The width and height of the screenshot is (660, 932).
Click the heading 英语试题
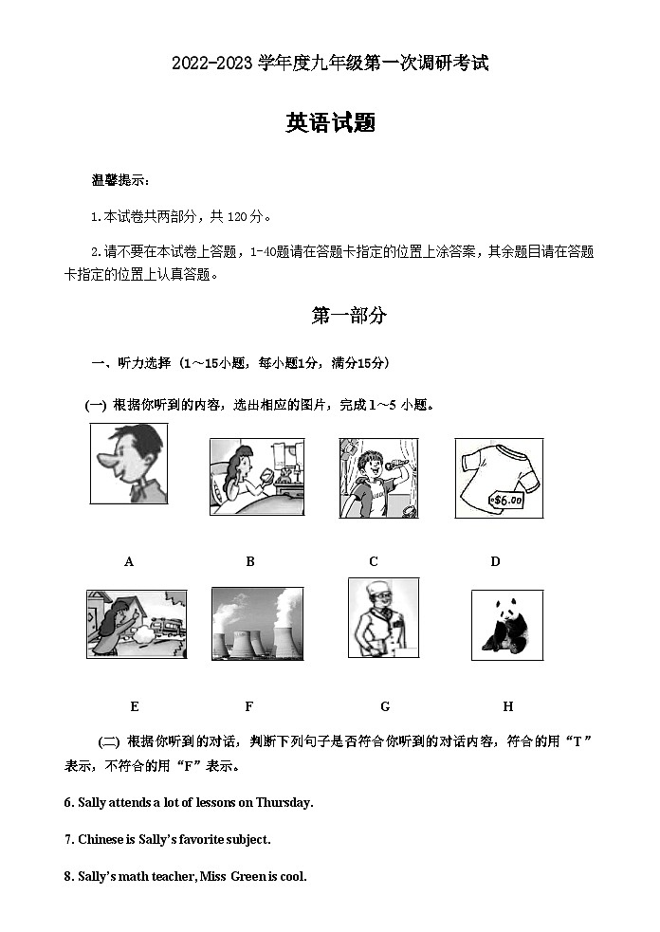coord(330,122)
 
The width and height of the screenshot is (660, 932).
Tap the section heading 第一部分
coord(348,317)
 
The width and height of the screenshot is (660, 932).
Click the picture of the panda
coord(506,626)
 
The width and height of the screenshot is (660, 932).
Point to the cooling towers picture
coord(257,623)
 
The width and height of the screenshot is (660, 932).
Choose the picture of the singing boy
coord(378,478)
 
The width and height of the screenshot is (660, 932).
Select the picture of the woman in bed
coord(256,477)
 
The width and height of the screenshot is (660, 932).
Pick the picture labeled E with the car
coord(136,623)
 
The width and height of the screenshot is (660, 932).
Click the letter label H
coord(507,706)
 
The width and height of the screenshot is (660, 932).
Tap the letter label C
coord(374,561)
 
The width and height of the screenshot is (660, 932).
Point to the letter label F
coord(248,706)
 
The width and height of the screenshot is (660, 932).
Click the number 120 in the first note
coord(237,217)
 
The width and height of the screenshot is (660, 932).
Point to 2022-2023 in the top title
coord(213,64)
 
